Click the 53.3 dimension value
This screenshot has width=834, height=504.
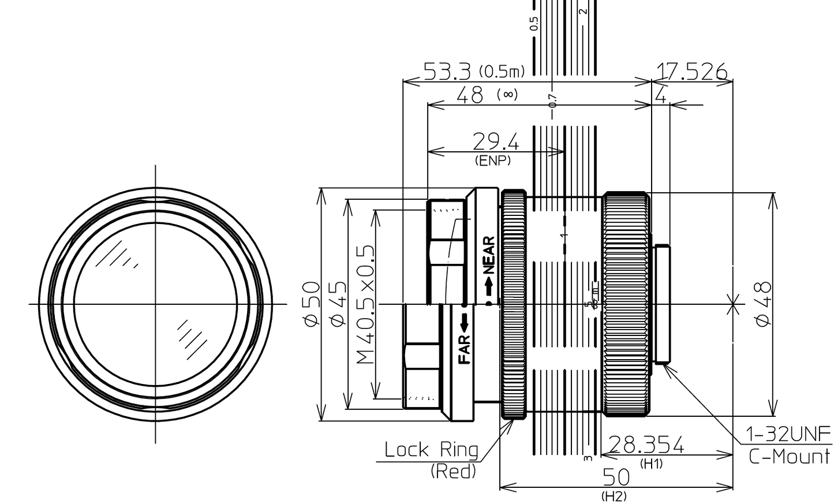(x=447, y=71)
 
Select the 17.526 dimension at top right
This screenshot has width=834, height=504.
(x=691, y=71)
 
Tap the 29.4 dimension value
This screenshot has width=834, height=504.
(x=495, y=141)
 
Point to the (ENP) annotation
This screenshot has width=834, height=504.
(x=492, y=161)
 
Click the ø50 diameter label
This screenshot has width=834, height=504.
(x=312, y=304)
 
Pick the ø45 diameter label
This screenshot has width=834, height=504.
(x=339, y=304)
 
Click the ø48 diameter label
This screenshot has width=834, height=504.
(x=763, y=304)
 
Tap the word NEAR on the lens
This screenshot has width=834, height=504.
(x=489, y=255)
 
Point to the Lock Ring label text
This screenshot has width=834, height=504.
(x=431, y=449)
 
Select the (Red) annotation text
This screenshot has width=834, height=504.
(x=453, y=471)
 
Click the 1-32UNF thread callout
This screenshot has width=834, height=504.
(x=788, y=434)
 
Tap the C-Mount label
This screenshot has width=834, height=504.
(x=789, y=457)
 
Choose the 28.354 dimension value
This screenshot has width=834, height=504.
(x=646, y=445)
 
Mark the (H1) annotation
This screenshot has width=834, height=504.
(x=652, y=464)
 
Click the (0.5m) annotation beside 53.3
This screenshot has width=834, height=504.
(x=502, y=72)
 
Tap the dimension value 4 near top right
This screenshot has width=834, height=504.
(x=661, y=95)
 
